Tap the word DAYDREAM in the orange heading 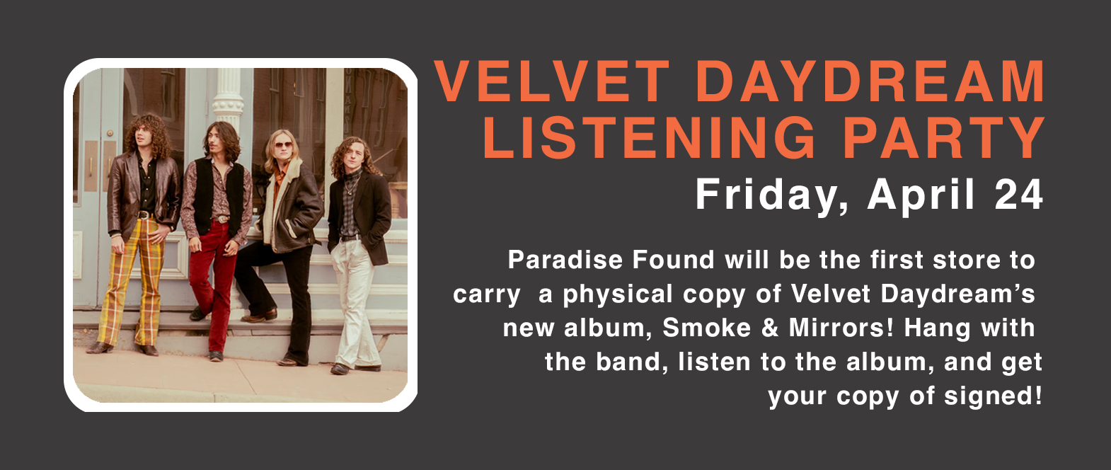click(x=871, y=81)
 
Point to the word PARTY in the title click(x=944, y=137)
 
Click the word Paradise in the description click(x=565, y=260)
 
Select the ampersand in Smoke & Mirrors click(x=770, y=328)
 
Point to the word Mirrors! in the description click(x=841, y=328)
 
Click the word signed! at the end click(x=993, y=396)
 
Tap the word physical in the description click(x=618, y=294)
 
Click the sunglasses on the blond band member click(x=283, y=145)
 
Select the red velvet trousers click(x=213, y=288)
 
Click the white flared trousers click(x=354, y=304)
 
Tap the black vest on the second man click(x=217, y=196)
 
